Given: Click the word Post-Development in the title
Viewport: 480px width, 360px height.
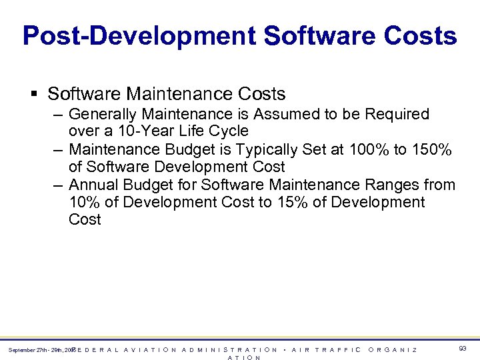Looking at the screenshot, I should point(140,35).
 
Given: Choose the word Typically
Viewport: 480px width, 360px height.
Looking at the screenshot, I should point(251,150).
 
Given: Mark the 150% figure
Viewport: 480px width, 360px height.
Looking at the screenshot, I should point(431,150).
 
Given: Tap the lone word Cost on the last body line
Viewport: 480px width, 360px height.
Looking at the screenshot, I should point(85,219).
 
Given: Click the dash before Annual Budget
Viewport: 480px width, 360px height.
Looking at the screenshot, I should point(59,185).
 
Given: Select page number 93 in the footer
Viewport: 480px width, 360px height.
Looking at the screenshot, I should point(462,348).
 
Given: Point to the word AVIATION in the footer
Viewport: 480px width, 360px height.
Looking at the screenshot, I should point(151,350).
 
